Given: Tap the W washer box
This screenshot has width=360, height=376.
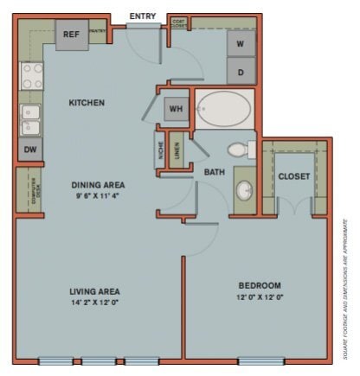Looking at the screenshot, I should [x=240, y=42].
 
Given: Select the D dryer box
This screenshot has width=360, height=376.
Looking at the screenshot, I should [x=240, y=70].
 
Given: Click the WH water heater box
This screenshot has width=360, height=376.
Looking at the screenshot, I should [x=176, y=109].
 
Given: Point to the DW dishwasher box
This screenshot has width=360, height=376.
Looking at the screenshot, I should [x=30, y=150].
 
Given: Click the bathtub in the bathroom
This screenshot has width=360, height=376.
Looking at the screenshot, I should [x=223, y=110].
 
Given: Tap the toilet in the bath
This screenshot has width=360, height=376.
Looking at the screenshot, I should [x=242, y=150].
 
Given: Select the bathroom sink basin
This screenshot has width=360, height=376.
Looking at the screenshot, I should [x=245, y=190].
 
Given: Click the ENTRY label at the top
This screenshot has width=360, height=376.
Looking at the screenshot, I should [x=142, y=16].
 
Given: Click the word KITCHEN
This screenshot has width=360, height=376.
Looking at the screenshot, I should [x=87, y=103].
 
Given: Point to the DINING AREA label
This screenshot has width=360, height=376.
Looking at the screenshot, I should [x=98, y=185].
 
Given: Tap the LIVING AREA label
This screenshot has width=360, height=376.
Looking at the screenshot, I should [x=94, y=291].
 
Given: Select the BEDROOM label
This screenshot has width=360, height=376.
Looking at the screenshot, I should [x=260, y=285].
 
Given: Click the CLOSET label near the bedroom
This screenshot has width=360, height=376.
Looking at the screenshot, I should [x=294, y=176].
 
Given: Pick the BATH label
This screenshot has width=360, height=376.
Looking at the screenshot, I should [x=214, y=173].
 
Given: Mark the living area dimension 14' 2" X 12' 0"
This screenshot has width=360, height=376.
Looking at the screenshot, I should [x=94, y=303].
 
